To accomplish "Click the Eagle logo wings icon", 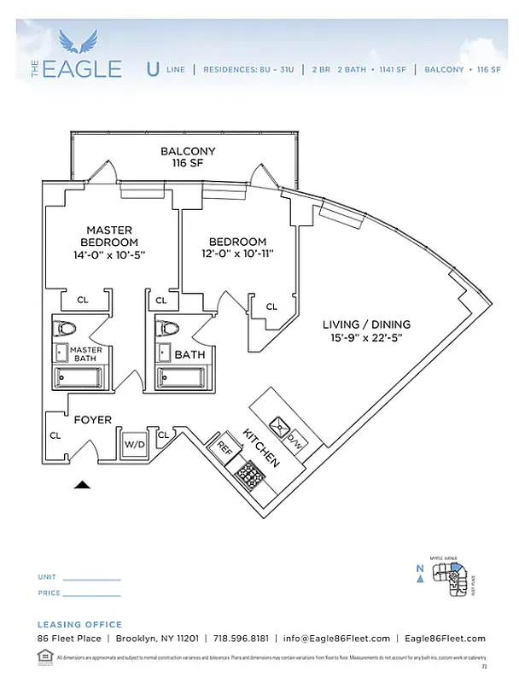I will (85, 40).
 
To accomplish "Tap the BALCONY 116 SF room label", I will (188, 157).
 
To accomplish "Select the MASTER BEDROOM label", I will (109, 236).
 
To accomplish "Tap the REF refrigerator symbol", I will (225, 447).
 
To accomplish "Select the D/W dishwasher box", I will (295, 441).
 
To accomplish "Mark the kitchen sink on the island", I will (277, 424).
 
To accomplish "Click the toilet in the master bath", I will (67, 329).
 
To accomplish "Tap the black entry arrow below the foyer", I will (82, 485).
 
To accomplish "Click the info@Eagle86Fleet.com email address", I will (336, 639).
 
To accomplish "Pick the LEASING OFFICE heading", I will (79, 624).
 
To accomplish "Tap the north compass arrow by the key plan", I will (419, 577).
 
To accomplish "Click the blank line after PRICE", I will (92, 593).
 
